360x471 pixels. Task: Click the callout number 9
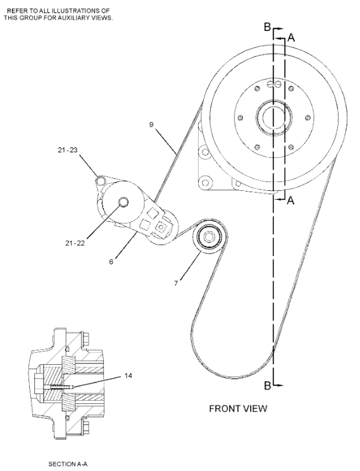pyautogui.click(x=151, y=125)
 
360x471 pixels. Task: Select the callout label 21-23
pyautogui.click(x=68, y=150)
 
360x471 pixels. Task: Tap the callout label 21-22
pyautogui.click(x=75, y=243)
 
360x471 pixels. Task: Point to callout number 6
pyautogui.click(x=111, y=262)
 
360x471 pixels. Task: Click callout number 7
pyautogui.click(x=176, y=283)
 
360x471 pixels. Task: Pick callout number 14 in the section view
pyautogui.click(x=128, y=376)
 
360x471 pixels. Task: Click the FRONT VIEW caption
pyautogui.click(x=238, y=408)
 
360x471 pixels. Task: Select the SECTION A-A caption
pyautogui.click(x=68, y=464)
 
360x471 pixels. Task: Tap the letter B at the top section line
pyautogui.click(x=268, y=27)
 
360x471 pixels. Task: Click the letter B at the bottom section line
pyautogui.click(x=268, y=386)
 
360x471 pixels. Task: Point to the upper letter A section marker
pyautogui.click(x=291, y=38)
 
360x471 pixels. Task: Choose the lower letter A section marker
pyautogui.click(x=290, y=200)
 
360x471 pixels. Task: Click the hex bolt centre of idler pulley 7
pyautogui.click(x=209, y=237)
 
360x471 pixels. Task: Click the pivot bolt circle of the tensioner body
pyautogui.click(x=123, y=202)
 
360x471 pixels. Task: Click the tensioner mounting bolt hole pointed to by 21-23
pyautogui.click(x=101, y=180)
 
